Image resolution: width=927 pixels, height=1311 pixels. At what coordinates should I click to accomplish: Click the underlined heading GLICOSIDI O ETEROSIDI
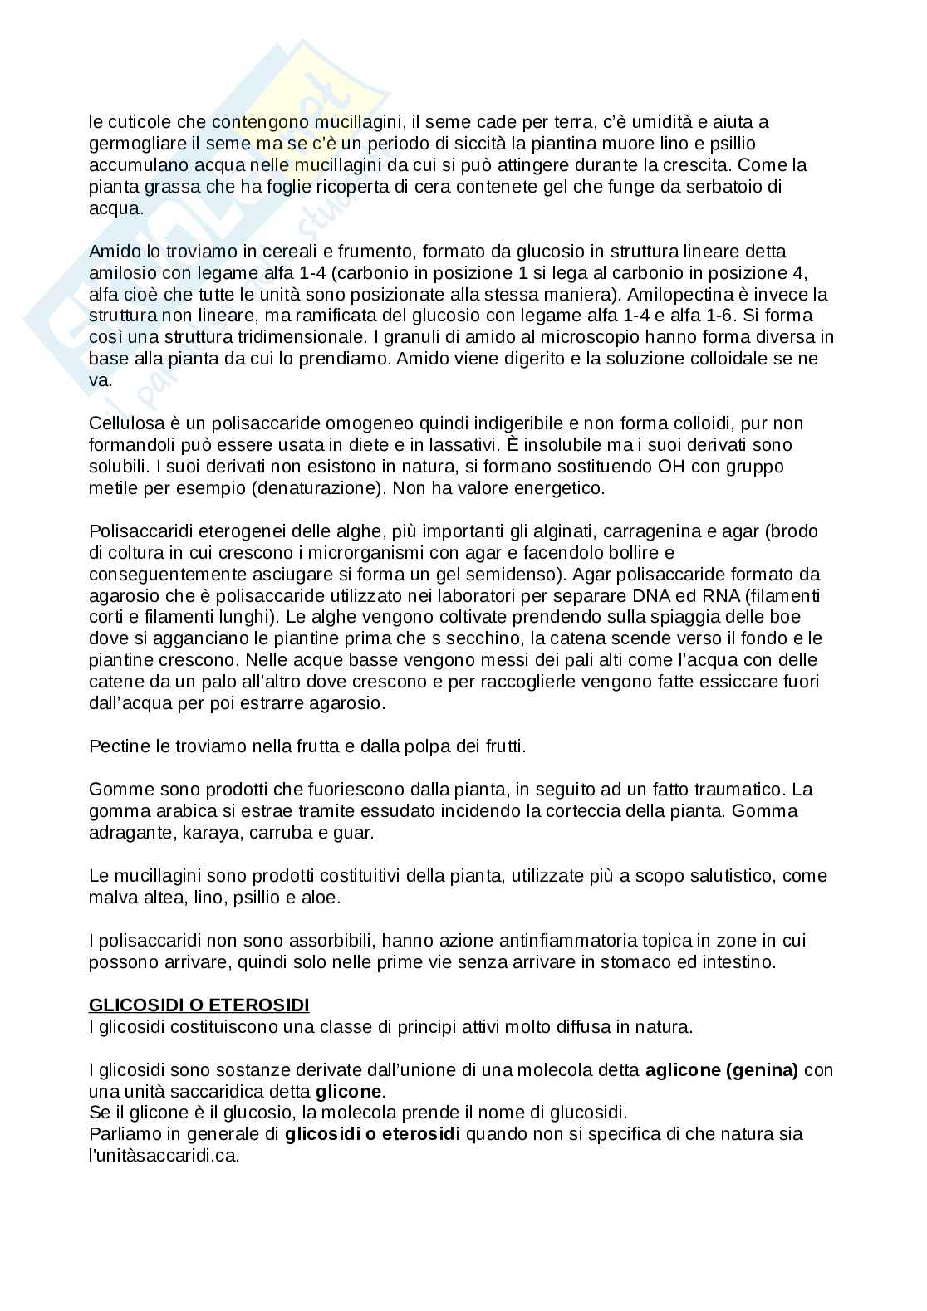[x=199, y=1005]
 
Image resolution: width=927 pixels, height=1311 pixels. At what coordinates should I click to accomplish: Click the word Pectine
[x=119, y=746]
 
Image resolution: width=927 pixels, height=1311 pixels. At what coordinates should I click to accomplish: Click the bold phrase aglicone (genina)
[x=721, y=1070]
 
